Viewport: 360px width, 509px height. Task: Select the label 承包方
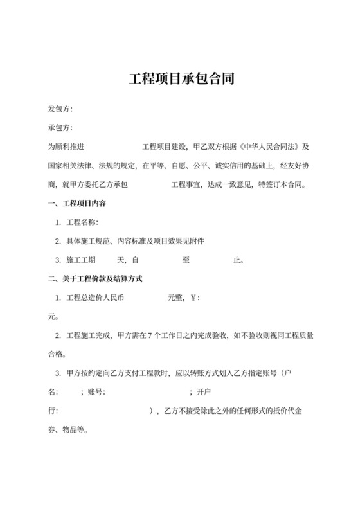[x=60, y=128]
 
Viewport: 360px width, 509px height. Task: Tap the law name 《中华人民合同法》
[x=269, y=147]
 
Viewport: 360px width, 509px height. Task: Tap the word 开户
[x=204, y=392]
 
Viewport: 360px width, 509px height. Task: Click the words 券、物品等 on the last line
[x=68, y=429]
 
